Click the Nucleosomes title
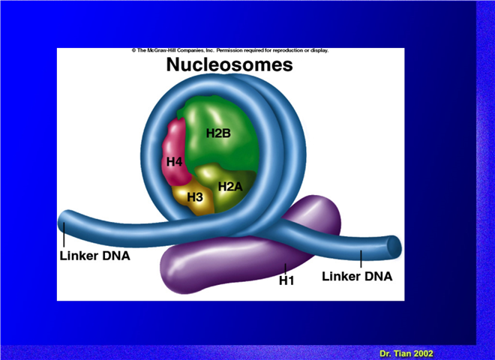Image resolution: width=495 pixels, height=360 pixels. [229, 64]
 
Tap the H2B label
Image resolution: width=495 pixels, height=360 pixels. [218, 133]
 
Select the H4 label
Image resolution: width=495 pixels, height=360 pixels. [174, 162]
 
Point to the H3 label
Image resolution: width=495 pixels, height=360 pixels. [195, 197]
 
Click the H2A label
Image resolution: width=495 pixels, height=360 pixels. [230, 187]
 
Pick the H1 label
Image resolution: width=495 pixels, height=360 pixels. [286, 280]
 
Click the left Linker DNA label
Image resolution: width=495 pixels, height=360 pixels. [94, 256]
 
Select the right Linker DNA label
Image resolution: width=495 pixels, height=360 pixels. [357, 276]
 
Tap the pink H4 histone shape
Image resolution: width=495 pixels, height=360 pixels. [174, 151]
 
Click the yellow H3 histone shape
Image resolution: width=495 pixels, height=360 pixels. [193, 197]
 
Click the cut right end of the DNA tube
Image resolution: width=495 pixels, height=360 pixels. [394, 247]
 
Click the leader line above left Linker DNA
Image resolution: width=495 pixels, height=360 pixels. [64, 235]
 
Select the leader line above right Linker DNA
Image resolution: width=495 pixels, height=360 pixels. [361, 259]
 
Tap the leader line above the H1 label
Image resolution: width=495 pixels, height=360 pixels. [286, 268]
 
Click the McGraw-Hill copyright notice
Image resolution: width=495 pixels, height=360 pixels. [230, 50]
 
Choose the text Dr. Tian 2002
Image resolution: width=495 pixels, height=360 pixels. [406, 353]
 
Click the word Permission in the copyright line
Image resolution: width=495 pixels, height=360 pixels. [229, 50]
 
